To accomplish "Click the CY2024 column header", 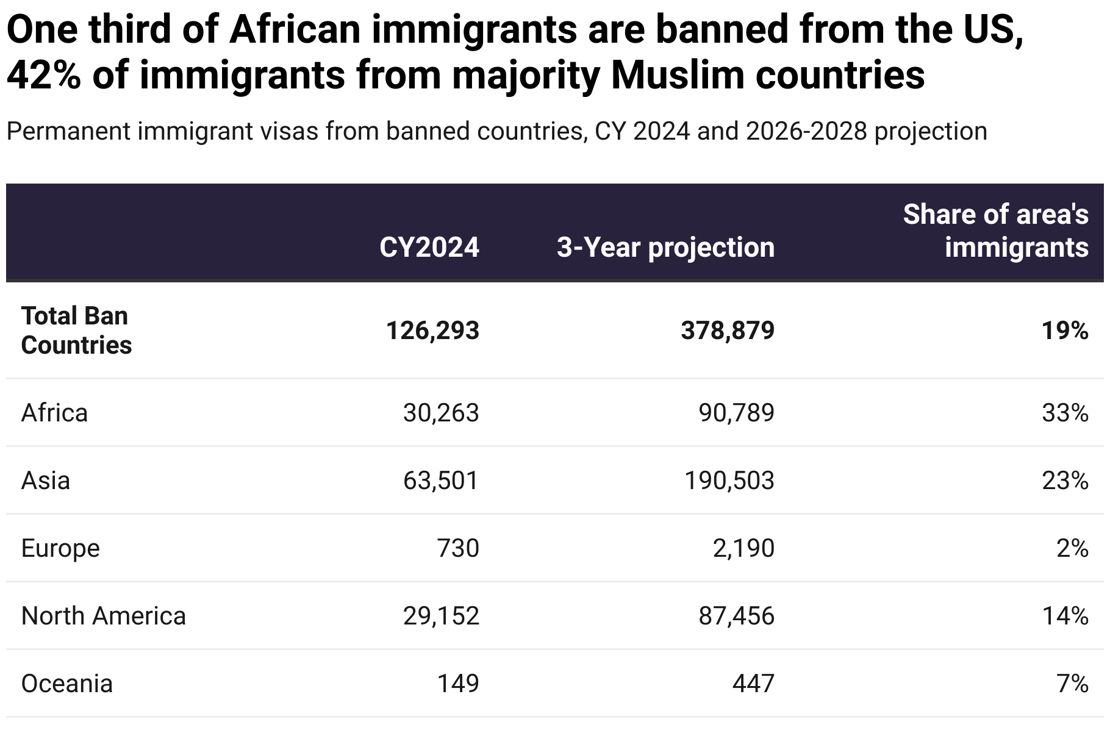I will (429, 248).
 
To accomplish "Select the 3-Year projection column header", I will (665, 248).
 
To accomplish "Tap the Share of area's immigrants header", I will (995, 231).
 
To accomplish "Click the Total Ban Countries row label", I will (76, 331).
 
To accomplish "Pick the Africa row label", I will (54, 413).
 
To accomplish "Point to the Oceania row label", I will (66, 684).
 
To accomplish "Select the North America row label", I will (103, 616).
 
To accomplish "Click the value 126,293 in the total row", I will (432, 331).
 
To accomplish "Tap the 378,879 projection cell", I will (728, 331).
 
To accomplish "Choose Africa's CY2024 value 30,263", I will (441, 413).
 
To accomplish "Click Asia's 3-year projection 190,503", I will (729, 481).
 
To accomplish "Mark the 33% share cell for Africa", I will (1065, 413).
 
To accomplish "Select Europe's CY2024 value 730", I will (458, 548).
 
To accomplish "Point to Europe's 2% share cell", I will (1072, 548).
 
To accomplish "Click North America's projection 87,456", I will (736, 616).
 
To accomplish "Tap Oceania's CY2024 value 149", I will (458, 684).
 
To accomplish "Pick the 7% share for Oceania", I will (1072, 684).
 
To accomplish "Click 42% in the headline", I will (44, 75).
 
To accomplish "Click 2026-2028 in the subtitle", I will (806, 131).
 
